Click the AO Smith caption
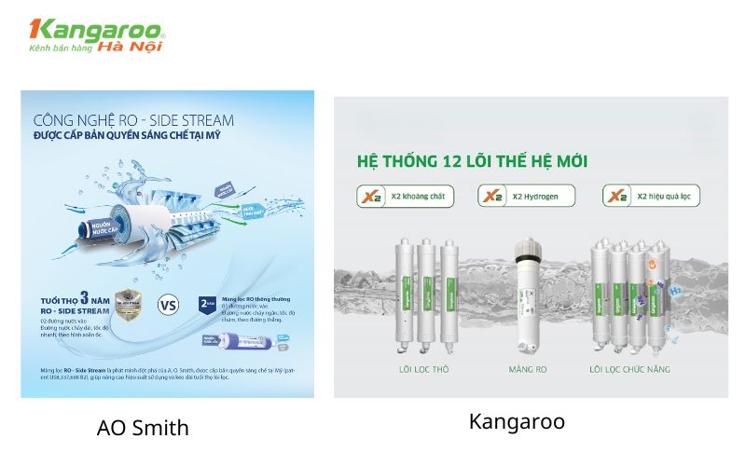(x=143, y=428)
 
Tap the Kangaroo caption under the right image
(x=517, y=421)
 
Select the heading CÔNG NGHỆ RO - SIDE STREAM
(x=133, y=121)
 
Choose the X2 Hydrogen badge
(x=526, y=196)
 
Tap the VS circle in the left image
(x=169, y=305)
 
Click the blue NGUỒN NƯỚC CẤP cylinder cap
(x=96, y=230)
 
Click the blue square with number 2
(x=209, y=303)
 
